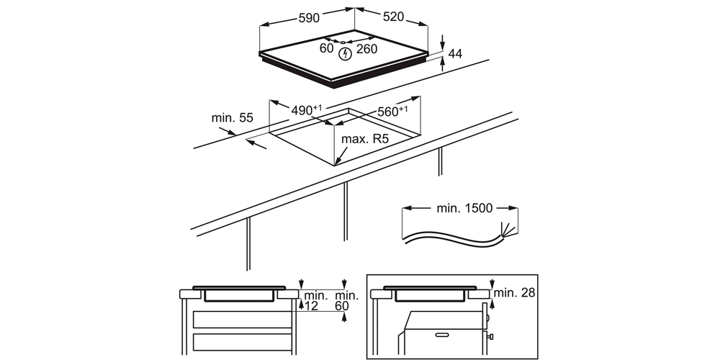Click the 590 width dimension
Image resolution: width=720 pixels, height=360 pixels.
coord(309,18)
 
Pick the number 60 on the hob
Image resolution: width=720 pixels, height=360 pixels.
coord(326,48)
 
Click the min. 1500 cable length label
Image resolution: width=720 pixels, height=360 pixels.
coord(464,208)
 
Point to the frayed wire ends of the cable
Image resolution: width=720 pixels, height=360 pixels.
coord(508,231)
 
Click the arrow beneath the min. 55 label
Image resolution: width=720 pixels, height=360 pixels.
coord(256,145)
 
